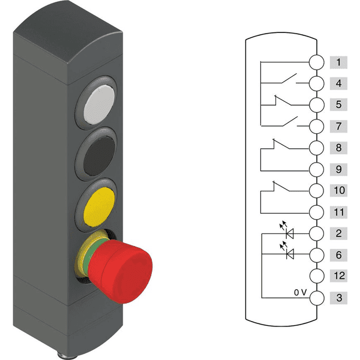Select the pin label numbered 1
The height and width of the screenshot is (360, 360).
[338, 62]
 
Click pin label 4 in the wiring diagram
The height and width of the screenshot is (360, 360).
[338, 83]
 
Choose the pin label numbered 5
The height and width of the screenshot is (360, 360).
[338, 105]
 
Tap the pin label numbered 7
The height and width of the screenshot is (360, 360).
[338, 127]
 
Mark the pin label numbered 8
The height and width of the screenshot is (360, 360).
[338, 148]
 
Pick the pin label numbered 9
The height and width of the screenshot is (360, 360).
[338, 169]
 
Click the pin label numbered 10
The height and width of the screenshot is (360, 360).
[338, 191]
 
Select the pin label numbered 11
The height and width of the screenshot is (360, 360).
[338, 212]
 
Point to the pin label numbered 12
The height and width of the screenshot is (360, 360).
[338, 277]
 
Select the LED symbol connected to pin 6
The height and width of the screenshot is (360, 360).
[290, 255]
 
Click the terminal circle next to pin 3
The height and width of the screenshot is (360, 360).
[316, 298]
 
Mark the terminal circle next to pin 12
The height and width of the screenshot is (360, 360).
[316, 277]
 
